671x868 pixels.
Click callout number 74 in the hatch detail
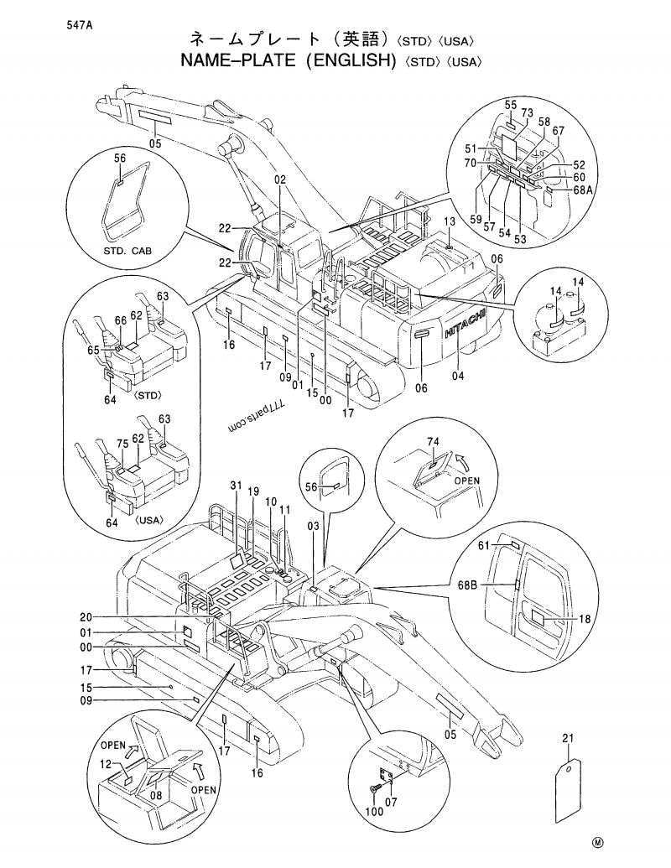coord(433,441)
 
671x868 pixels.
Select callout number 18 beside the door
coord(585,619)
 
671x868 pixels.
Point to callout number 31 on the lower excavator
coord(236,486)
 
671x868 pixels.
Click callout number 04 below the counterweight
coord(457,375)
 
